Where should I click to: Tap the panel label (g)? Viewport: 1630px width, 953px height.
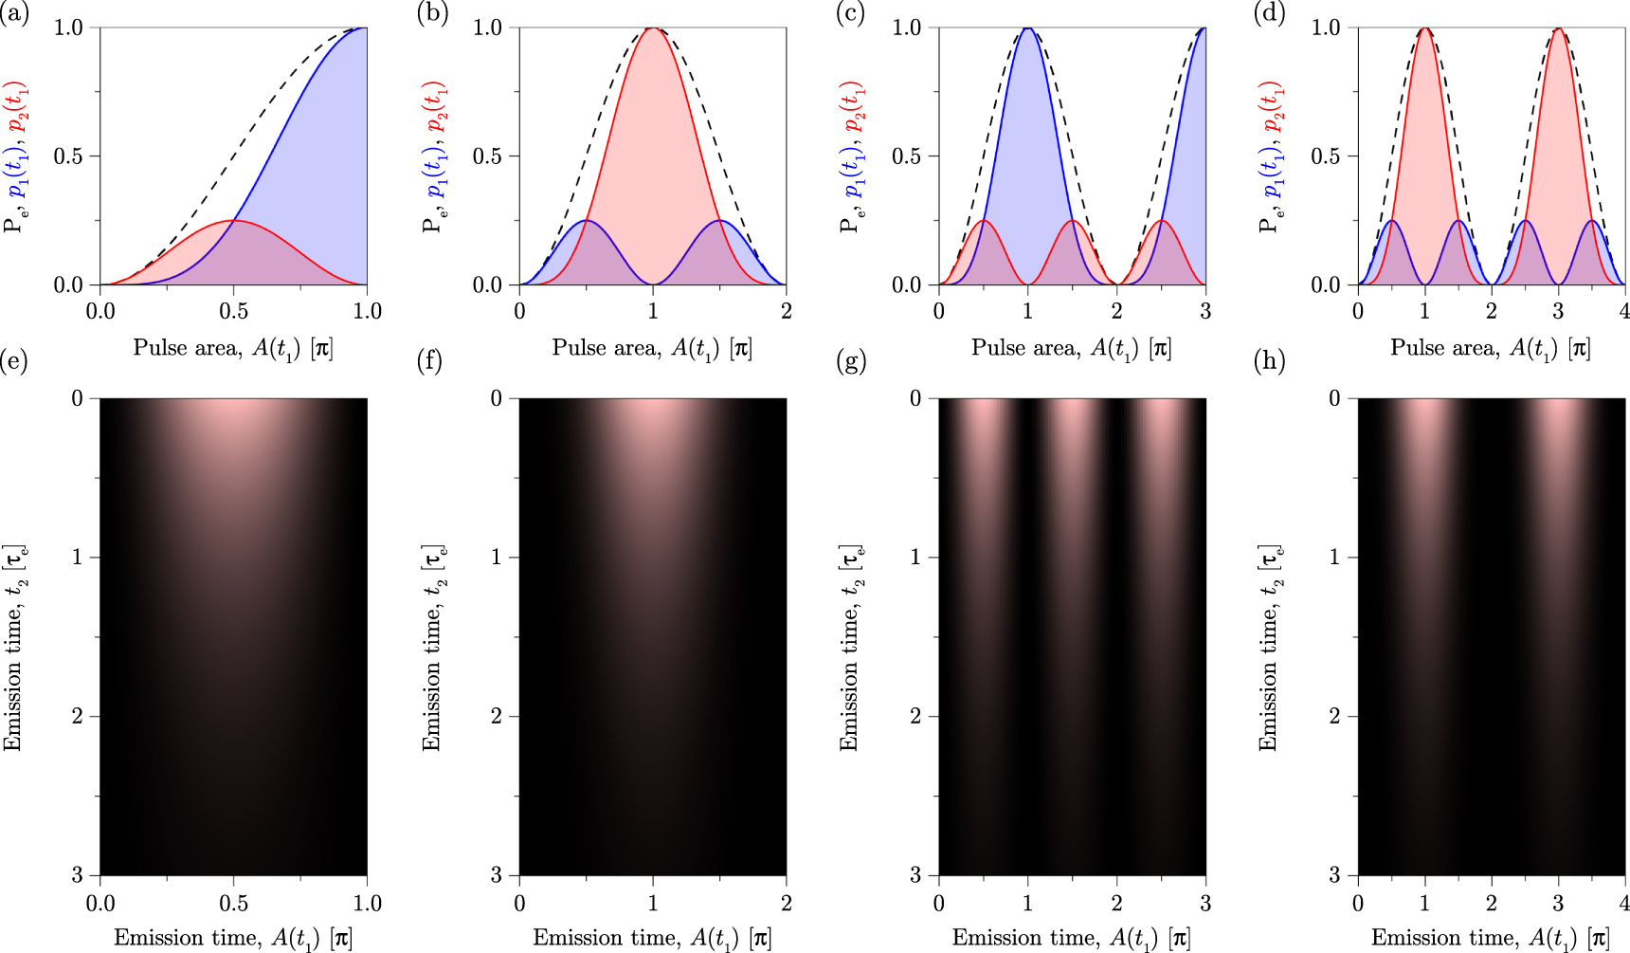(852, 360)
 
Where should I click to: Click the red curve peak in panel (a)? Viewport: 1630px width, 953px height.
(233, 221)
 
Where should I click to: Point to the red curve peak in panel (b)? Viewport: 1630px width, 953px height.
(653, 28)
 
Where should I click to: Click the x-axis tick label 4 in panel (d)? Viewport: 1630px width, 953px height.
(1624, 312)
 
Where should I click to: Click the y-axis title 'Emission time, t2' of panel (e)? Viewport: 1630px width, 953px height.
(13, 648)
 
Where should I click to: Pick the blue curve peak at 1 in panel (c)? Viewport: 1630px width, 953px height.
(1027, 28)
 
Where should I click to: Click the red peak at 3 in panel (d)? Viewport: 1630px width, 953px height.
(1558, 28)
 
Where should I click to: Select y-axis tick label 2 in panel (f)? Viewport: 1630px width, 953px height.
(497, 716)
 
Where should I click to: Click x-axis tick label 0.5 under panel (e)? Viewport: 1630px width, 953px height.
(233, 903)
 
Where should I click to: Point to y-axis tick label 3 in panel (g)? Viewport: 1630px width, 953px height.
(915, 874)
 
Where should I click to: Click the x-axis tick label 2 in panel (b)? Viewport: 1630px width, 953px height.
(786, 312)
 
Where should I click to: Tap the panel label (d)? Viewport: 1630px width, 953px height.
(1270, 15)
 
